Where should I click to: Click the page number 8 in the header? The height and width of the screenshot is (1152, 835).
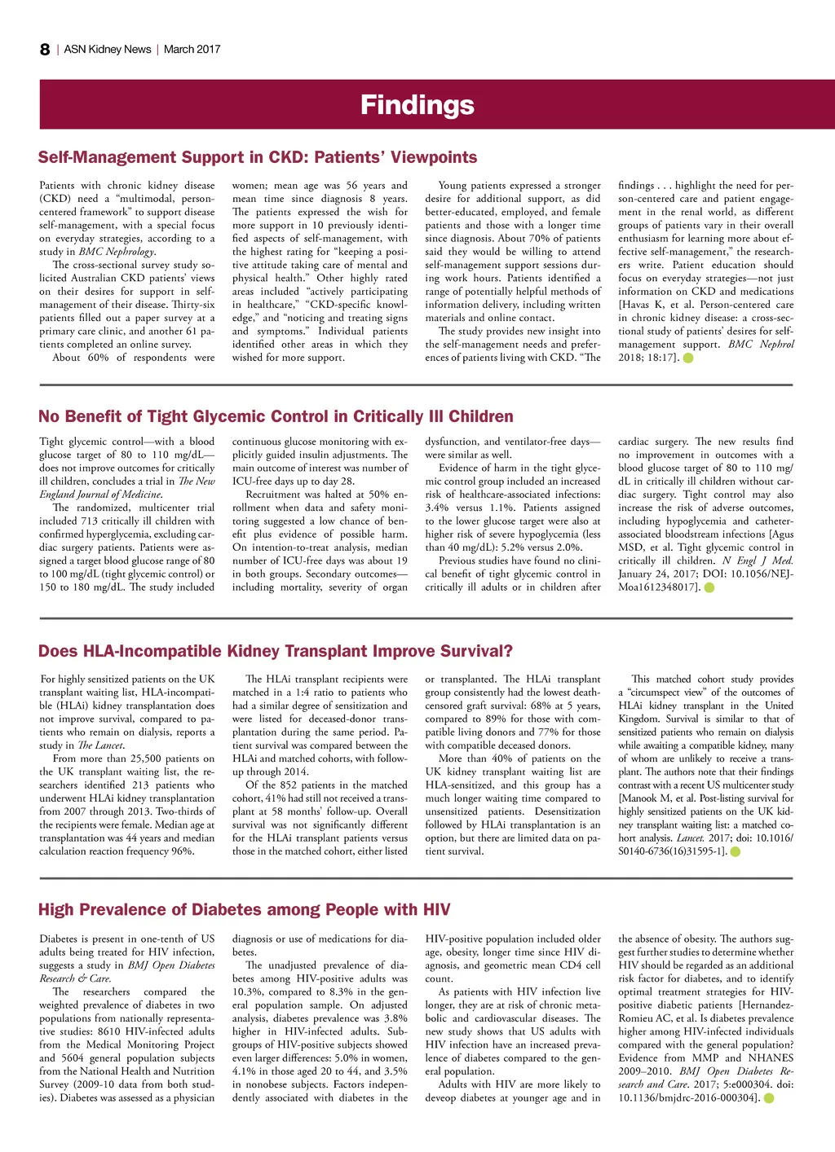[x=45, y=50]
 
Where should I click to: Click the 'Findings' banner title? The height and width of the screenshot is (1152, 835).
[x=417, y=105]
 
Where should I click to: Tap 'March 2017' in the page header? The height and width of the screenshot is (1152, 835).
[x=192, y=50]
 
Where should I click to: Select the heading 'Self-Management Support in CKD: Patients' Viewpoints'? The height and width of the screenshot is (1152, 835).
[x=258, y=157]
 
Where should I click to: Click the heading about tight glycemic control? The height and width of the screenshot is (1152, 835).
[x=276, y=416]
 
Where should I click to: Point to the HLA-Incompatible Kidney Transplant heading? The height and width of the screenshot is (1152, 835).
[x=276, y=651]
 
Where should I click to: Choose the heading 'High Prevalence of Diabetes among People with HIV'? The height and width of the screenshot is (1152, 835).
[x=244, y=910]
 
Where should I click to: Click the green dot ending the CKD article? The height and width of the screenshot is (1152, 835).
[x=688, y=358]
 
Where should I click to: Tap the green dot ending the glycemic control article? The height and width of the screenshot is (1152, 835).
[x=709, y=587]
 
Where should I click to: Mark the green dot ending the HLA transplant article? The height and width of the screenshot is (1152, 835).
[x=736, y=851]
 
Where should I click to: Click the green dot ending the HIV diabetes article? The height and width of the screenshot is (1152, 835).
[x=768, y=1098]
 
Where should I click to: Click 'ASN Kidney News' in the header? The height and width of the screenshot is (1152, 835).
[x=108, y=50]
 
